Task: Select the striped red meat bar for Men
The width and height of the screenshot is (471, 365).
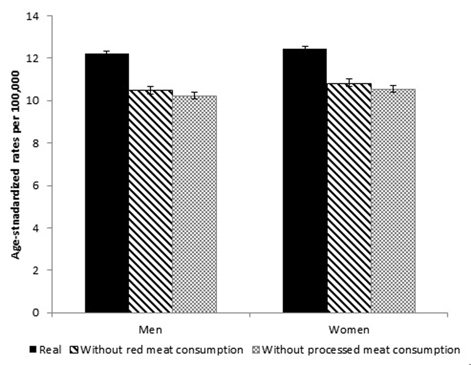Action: tap(151, 201)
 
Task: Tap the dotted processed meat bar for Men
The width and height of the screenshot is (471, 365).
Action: tap(194, 204)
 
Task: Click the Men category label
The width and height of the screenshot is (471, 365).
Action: tap(150, 330)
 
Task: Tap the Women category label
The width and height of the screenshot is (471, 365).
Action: tap(349, 330)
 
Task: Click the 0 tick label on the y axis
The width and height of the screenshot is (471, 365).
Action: tap(41, 313)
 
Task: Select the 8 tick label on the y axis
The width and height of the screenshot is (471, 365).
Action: tap(41, 143)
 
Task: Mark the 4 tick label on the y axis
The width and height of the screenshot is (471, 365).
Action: tap(41, 228)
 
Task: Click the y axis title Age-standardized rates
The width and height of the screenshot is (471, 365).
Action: tap(16, 164)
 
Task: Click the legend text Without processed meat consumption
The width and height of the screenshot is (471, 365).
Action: tap(361, 350)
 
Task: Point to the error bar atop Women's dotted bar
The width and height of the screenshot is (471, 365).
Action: tap(393, 89)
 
